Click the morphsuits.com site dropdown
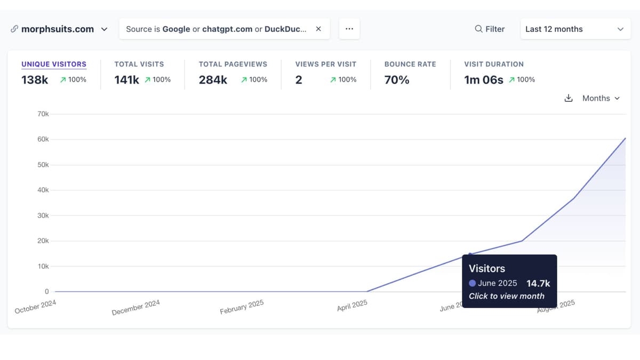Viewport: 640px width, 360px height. [59, 29]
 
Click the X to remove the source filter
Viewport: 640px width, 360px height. [318, 29]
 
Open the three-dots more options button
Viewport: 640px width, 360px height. [349, 29]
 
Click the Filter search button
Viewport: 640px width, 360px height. [490, 29]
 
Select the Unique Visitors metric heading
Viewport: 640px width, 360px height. [54, 64]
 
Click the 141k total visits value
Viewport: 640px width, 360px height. [126, 80]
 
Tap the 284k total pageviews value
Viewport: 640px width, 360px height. [213, 80]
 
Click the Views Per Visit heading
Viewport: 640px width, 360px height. [325, 64]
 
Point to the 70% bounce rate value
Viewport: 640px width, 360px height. [397, 80]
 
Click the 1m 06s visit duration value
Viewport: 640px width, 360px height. [484, 80]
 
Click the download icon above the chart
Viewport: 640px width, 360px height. [569, 98]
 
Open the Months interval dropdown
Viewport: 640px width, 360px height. [601, 98]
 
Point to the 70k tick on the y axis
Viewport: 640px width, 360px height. [43, 114]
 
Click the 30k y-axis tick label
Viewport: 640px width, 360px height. [43, 215]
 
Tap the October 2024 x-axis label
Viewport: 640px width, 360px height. [36, 307]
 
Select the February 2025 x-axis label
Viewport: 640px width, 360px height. [242, 308]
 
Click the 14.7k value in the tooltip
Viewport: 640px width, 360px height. [538, 283]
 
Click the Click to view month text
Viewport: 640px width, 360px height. [507, 296]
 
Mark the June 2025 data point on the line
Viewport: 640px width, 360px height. [470, 254]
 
